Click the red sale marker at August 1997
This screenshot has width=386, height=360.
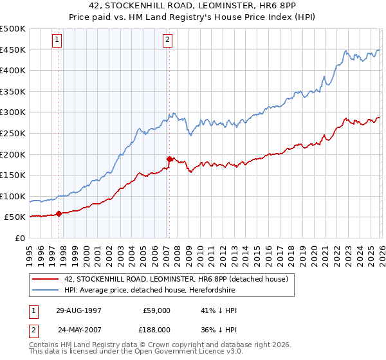(59, 213)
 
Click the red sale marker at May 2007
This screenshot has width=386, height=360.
(169, 159)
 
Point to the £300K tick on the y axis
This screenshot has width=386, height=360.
(13, 113)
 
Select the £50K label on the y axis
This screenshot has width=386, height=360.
(15, 217)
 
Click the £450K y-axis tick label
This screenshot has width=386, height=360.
(13, 50)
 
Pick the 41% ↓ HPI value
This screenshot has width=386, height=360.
(219, 310)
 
